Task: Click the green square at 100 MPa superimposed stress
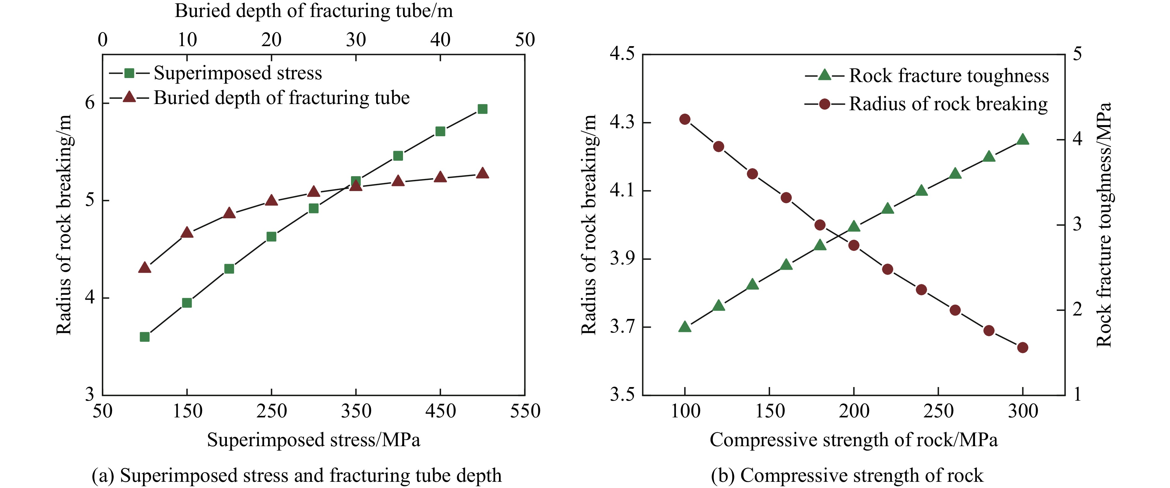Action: (x=145, y=337)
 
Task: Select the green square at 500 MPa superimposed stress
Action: (x=482, y=109)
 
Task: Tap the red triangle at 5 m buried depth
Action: (x=145, y=268)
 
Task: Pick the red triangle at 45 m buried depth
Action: (x=482, y=173)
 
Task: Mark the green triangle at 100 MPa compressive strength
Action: (x=685, y=327)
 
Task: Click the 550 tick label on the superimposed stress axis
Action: (x=525, y=411)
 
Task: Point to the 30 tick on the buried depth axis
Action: (x=356, y=40)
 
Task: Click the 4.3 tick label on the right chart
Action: (x=622, y=122)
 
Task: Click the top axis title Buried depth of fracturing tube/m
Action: (x=314, y=11)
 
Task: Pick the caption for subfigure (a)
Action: (x=297, y=475)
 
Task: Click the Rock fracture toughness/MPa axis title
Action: (x=1104, y=225)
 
